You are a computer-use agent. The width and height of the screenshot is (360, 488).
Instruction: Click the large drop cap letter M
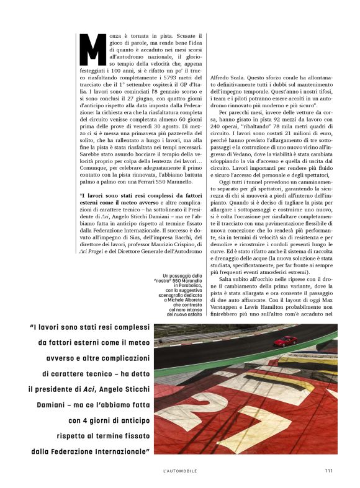coord(94,50)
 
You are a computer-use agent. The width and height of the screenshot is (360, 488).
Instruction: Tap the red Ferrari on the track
coord(286,340)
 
